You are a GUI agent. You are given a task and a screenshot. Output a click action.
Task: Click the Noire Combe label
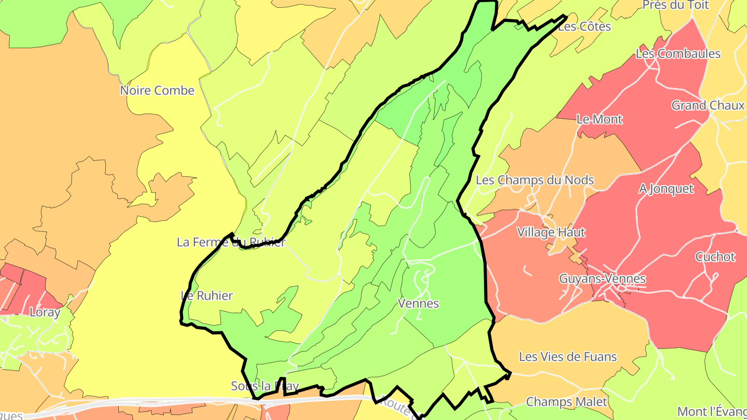(x=157, y=91)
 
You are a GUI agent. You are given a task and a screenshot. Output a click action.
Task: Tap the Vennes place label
(x=418, y=303)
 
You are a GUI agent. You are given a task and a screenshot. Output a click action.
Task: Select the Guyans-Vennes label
(x=602, y=279)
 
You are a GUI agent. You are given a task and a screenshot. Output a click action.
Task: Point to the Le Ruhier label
(x=207, y=296)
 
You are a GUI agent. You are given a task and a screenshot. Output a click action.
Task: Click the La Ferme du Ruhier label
(x=231, y=242)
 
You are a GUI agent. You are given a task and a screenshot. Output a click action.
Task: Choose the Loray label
(x=45, y=312)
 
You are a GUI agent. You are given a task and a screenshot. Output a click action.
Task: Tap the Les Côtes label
(x=584, y=26)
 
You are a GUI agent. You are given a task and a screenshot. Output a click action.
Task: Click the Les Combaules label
(x=678, y=54)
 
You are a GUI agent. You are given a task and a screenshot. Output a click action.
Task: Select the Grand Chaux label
(x=708, y=106)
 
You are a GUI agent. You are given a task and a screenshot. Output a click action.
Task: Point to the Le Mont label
(x=599, y=119)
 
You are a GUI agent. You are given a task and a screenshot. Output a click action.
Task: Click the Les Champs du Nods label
(x=535, y=180)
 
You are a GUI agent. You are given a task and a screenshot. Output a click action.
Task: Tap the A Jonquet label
(x=666, y=189)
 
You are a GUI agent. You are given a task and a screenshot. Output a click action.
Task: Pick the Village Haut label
(x=551, y=232)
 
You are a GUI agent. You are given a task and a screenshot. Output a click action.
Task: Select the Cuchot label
(x=715, y=257)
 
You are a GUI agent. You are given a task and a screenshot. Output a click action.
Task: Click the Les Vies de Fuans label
(x=568, y=357)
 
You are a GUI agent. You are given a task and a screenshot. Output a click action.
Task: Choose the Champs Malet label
(x=566, y=402)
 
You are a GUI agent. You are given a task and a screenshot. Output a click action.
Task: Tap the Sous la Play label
(x=265, y=386)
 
